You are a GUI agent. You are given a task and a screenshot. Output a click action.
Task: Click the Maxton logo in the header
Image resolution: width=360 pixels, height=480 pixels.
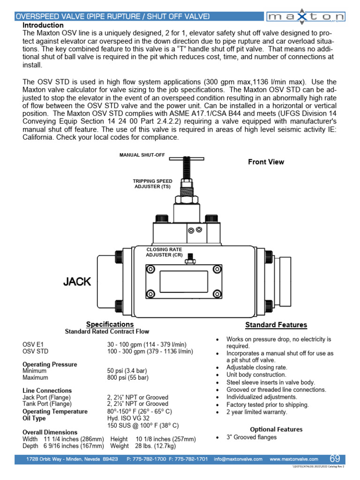click(306, 17)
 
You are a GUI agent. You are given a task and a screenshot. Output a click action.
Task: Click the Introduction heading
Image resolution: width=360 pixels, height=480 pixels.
click(43, 25)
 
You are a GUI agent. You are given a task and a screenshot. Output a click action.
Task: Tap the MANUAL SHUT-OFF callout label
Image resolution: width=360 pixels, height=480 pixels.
click(142, 155)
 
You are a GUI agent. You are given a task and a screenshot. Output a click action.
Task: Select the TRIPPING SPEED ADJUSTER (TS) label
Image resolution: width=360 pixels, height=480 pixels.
click(152, 183)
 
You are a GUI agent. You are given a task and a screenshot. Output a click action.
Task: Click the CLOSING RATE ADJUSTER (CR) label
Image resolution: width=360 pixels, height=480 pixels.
click(164, 252)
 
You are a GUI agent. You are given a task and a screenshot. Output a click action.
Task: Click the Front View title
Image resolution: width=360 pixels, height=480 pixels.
click(266, 162)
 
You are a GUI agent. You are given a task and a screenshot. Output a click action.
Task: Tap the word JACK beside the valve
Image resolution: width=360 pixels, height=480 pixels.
click(77, 282)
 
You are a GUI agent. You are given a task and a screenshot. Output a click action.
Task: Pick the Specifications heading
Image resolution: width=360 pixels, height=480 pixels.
click(110, 324)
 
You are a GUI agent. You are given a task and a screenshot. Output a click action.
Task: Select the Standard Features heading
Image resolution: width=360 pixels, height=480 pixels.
click(276, 325)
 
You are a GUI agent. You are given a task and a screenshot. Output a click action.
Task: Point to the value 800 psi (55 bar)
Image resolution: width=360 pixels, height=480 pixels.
click(127, 377)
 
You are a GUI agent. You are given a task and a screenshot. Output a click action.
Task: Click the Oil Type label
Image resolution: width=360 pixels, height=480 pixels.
click(34, 419)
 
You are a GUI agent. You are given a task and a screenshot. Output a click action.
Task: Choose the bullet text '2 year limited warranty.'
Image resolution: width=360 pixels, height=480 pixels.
click(257, 412)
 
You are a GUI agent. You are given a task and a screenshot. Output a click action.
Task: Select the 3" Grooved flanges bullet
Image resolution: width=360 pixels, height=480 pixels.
click(251, 437)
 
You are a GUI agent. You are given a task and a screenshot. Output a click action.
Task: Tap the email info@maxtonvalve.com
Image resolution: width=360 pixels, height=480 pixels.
click(239, 459)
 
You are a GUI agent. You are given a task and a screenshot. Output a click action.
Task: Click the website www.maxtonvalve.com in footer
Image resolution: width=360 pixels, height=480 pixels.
click(294, 459)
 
